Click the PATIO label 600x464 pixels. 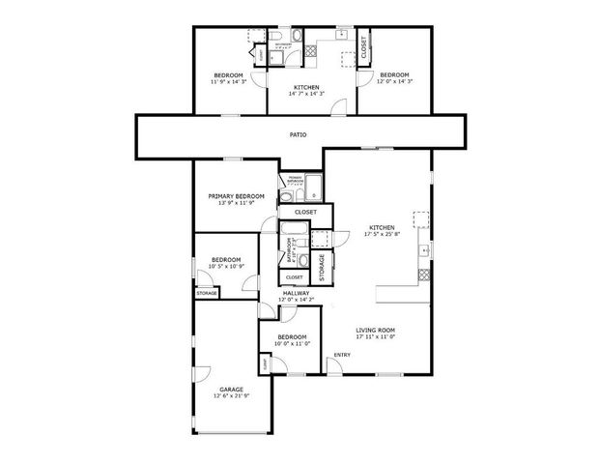pyautogui.click(x=299, y=134)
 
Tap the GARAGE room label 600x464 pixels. pyautogui.click(x=230, y=389)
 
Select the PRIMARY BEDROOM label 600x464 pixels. pyautogui.click(x=237, y=195)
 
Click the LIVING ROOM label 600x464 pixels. pyautogui.click(x=376, y=330)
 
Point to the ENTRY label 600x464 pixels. pyautogui.click(x=342, y=355)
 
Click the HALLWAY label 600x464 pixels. pyautogui.click(x=296, y=292)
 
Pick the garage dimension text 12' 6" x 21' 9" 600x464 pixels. pyautogui.click(x=230, y=395)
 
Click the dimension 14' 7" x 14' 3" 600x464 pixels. pyautogui.click(x=308, y=94)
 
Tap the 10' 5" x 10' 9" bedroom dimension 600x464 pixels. pyautogui.click(x=226, y=266)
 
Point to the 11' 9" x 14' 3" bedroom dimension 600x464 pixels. pyautogui.click(x=229, y=81)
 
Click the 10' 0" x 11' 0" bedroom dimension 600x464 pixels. pyautogui.click(x=290, y=343)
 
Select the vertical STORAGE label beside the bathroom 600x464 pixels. pyautogui.click(x=322, y=264)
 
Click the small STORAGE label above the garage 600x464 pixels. pyautogui.click(x=207, y=293)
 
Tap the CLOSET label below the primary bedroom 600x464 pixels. pyautogui.click(x=305, y=211)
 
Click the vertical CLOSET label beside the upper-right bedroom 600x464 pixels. pyautogui.click(x=363, y=47)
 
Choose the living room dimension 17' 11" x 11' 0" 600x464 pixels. pyautogui.click(x=376, y=336)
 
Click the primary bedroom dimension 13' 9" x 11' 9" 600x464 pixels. pyautogui.click(x=237, y=202)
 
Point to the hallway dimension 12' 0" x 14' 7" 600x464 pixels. pyautogui.click(x=296, y=299)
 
